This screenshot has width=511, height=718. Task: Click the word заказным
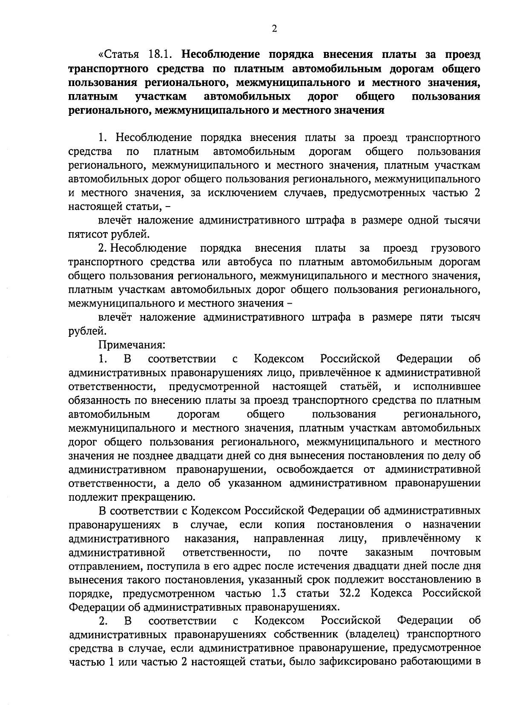389,552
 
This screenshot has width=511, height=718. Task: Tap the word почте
333,552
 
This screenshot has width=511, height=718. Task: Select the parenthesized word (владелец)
372,635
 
